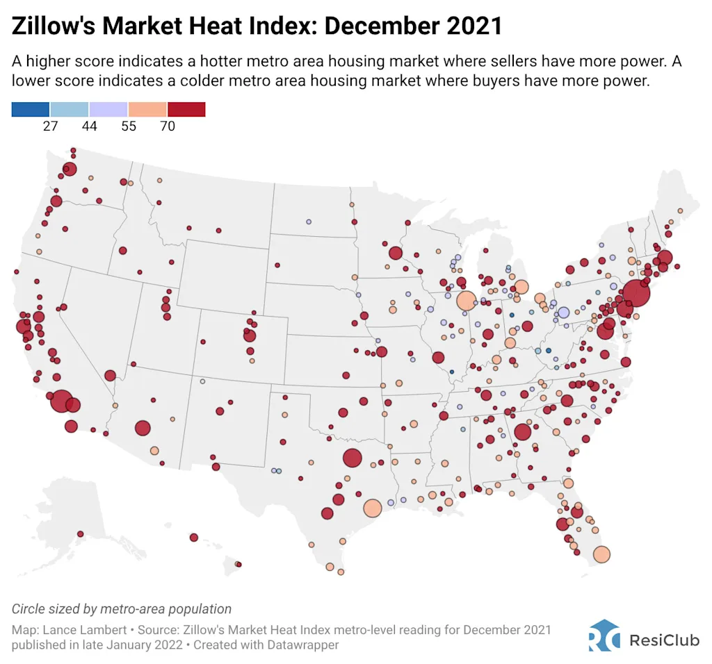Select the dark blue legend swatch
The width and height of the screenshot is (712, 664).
pyautogui.click(x=31, y=109)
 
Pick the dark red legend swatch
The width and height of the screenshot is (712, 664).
pyautogui.click(x=186, y=109)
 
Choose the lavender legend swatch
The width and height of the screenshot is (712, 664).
pyautogui.click(x=108, y=109)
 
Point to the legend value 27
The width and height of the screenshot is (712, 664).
pyautogui.click(x=50, y=126)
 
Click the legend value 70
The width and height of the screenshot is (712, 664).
pyautogui.click(x=167, y=126)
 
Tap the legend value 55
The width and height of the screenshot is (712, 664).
pyautogui.click(x=128, y=126)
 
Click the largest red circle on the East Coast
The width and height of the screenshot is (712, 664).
pyautogui.click(x=636, y=294)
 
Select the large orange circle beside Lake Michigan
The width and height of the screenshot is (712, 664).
pyautogui.click(x=466, y=301)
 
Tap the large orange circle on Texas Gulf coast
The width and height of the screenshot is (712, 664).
pyautogui.click(x=372, y=508)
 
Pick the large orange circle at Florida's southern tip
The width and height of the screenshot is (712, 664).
pyautogui.click(x=601, y=554)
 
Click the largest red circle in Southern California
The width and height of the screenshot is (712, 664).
pyautogui.click(x=61, y=401)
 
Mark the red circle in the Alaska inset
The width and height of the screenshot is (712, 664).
pyautogui.click(x=80, y=534)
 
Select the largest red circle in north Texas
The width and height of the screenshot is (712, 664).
pyautogui.click(x=353, y=458)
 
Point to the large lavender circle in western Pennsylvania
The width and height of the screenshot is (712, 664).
pyautogui.click(x=563, y=313)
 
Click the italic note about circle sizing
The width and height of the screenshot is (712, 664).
pyautogui.click(x=122, y=609)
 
